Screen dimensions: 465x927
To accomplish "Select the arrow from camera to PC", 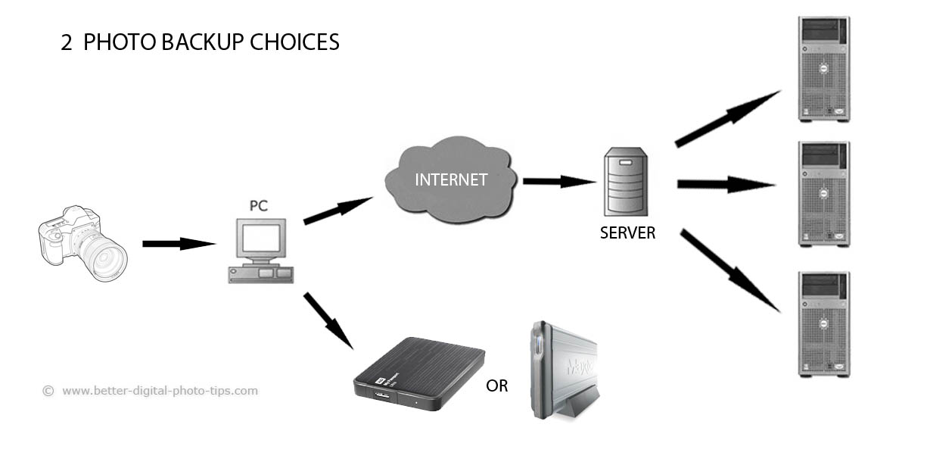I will [x=179, y=244].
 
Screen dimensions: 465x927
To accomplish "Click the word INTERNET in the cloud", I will [x=450, y=180].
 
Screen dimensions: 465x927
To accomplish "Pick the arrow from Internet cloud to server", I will [x=558, y=181].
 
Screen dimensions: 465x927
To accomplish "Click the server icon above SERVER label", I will [x=625, y=182].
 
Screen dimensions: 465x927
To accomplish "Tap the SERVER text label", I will [x=627, y=233].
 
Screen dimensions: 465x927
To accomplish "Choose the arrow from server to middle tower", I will [x=726, y=184].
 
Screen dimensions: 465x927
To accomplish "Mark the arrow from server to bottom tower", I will [x=729, y=270].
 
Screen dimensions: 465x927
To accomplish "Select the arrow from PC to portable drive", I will [x=328, y=320].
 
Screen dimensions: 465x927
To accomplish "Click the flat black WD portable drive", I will [x=419, y=373].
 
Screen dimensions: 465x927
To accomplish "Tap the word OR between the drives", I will [x=497, y=386].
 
